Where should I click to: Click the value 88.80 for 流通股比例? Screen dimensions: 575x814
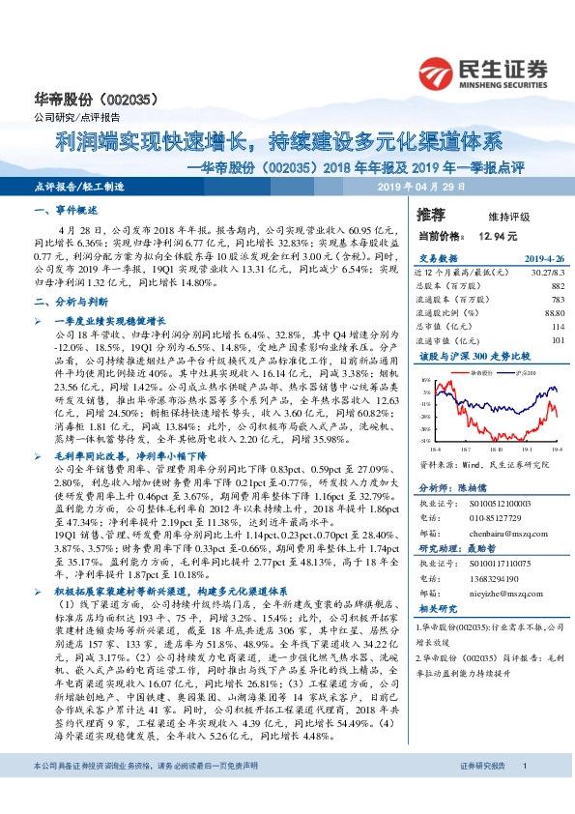tap(552, 313)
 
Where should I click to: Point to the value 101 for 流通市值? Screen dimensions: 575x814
tap(557, 340)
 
